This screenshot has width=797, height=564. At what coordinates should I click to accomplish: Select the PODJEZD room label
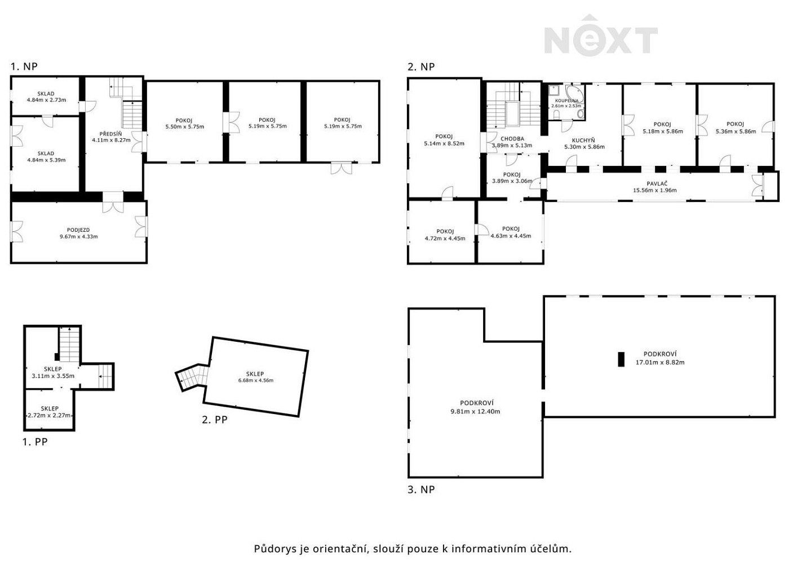(x=78, y=230)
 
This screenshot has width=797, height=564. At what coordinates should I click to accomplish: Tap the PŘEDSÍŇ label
(x=110, y=134)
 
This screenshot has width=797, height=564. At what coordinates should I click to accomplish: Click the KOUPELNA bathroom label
(x=567, y=101)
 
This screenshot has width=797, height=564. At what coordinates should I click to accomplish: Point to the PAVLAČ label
(x=657, y=183)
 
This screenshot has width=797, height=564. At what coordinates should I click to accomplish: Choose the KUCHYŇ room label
(x=583, y=140)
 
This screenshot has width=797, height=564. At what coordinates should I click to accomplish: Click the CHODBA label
(x=512, y=139)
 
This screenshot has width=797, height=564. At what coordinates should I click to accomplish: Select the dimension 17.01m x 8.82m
(x=660, y=363)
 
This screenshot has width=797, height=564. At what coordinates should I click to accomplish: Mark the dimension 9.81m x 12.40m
(x=475, y=412)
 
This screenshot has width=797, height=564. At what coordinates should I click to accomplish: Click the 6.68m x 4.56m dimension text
(x=256, y=380)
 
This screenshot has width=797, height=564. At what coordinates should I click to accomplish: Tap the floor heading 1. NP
(x=24, y=67)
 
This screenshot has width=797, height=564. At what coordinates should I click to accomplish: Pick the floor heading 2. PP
(x=215, y=420)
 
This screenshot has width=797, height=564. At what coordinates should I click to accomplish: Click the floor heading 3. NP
(x=421, y=490)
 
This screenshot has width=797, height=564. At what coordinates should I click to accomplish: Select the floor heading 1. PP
(x=35, y=442)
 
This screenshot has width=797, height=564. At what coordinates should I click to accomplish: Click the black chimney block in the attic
(x=621, y=359)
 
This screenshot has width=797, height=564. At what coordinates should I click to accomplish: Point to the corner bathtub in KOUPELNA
(x=574, y=93)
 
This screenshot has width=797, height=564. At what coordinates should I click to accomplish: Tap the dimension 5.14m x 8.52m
(x=444, y=144)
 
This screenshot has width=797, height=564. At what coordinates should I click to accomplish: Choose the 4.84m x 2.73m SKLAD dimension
(x=46, y=100)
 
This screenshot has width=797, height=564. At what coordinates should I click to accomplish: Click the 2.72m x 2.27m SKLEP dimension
(x=50, y=415)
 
